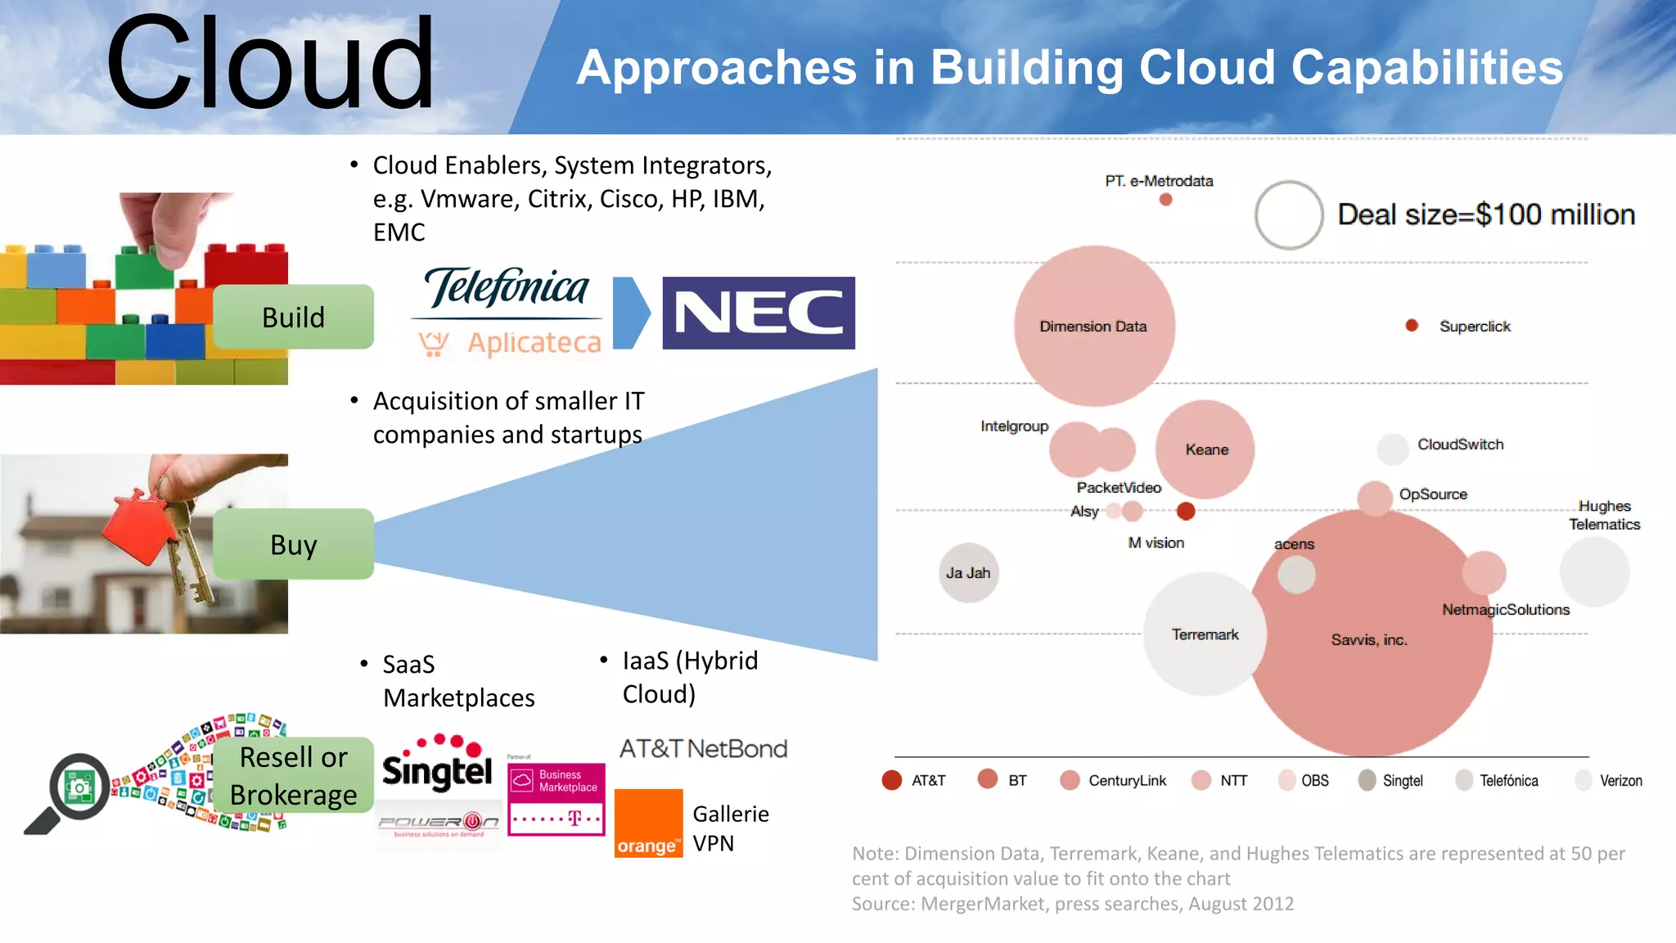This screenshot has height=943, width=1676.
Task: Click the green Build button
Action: pyautogui.click(x=293, y=317)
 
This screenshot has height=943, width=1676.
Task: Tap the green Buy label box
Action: pyautogui.click(x=293, y=544)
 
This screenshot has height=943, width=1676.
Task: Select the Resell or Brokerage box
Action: pyautogui.click(x=293, y=775)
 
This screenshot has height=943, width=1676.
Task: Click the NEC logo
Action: pyautogui.click(x=758, y=313)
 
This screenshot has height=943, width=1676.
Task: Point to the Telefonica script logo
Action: pyautogui.click(x=507, y=288)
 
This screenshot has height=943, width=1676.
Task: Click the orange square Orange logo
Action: pyautogui.click(x=648, y=823)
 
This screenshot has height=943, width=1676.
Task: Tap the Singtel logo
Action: pyautogui.click(x=437, y=765)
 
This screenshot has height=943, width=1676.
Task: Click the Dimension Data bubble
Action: pyautogui.click(x=1093, y=326)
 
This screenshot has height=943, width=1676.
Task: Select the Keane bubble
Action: pyautogui.click(x=1205, y=449)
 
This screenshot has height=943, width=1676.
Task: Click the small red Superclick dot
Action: pyautogui.click(x=1412, y=325)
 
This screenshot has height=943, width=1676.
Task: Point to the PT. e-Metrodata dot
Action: pyautogui.click(x=1166, y=199)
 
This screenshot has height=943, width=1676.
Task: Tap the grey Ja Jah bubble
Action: pyautogui.click(x=968, y=573)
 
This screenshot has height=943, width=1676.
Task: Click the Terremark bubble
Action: pyautogui.click(x=1204, y=634)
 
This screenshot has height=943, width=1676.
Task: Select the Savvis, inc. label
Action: pyautogui.click(x=1368, y=640)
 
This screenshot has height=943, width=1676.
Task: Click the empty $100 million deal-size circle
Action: pyautogui.click(x=1289, y=214)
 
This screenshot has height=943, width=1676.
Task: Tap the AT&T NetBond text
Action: pyautogui.click(x=703, y=749)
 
